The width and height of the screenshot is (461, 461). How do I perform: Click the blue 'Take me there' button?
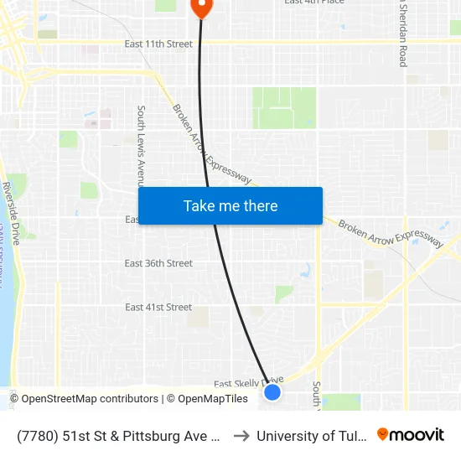point(230,206)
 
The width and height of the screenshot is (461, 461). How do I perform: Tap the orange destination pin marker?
point(201,8)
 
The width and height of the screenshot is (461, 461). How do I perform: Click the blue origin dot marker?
point(272,391)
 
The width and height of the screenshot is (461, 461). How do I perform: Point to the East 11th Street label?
point(158,44)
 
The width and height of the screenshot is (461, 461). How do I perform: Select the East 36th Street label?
point(158,263)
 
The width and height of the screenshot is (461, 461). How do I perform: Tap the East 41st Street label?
point(158,308)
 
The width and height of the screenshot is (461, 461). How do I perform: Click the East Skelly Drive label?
point(248,382)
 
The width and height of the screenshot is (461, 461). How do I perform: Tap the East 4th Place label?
point(314,3)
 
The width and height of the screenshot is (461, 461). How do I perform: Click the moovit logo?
point(411,435)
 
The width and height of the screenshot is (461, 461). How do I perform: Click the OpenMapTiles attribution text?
point(207,399)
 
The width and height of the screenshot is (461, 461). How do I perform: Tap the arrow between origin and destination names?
point(241,436)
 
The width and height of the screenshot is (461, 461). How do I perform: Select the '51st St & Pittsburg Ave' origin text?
point(117,436)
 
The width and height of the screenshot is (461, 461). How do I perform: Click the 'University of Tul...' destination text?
point(312,436)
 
